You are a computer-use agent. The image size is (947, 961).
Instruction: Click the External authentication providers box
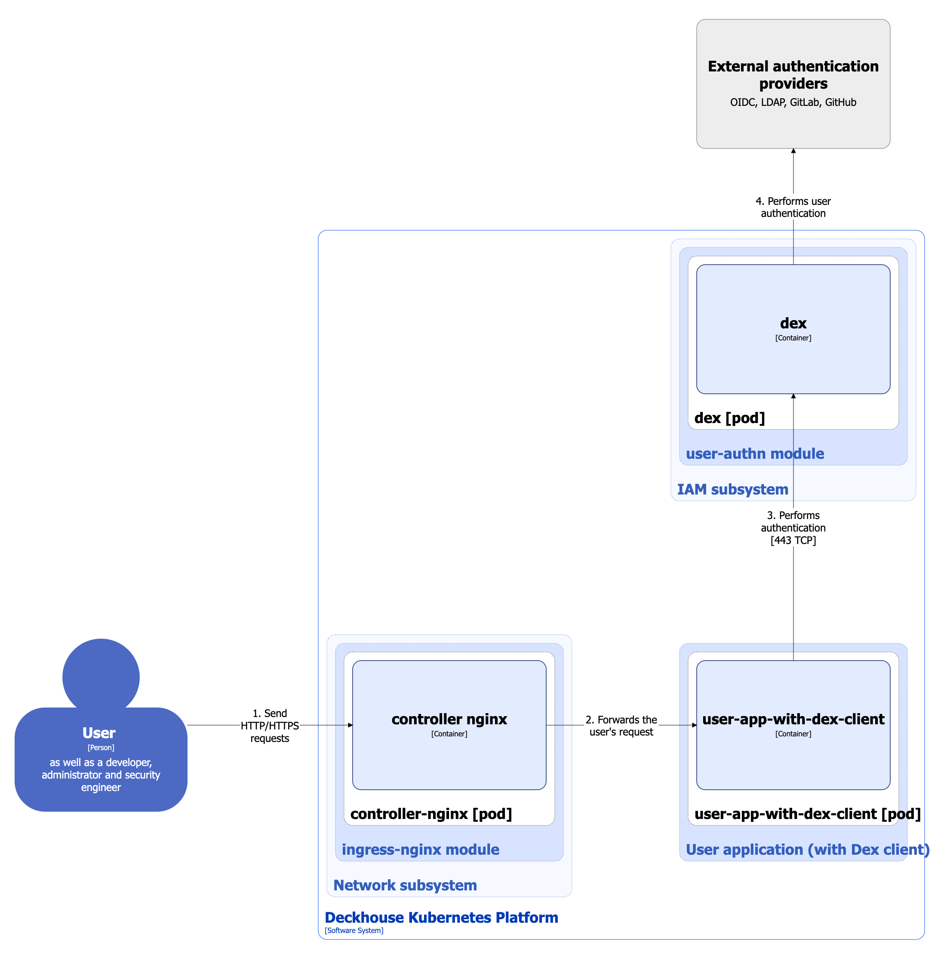(793, 50)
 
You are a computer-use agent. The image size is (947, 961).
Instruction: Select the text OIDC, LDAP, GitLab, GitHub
(793, 102)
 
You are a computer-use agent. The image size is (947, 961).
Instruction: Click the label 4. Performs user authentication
(793, 207)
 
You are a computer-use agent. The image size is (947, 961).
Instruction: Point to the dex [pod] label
(729, 418)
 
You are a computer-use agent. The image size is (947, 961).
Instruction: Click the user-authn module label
(755, 454)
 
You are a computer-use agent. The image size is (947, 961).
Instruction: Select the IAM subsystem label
(732, 489)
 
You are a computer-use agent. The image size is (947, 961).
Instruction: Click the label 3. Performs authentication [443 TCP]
(793, 528)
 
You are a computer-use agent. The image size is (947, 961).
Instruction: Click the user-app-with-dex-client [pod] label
(807, 814)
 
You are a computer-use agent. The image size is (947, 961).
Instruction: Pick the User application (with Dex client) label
(807, 850)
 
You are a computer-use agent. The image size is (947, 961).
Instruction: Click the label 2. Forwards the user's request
(621, 726)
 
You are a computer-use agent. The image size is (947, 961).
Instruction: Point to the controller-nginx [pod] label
(431, 814)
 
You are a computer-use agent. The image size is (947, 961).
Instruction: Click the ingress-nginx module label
(420, 850)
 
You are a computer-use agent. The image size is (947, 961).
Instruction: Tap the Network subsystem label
(405, 885)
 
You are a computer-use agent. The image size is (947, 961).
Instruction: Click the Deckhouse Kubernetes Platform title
(441, 918)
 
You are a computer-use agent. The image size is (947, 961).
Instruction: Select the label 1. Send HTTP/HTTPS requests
(270, 726)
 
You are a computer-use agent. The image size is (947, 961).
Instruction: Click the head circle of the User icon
(101, 674)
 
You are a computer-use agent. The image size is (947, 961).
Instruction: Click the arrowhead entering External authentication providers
(793, 151)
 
